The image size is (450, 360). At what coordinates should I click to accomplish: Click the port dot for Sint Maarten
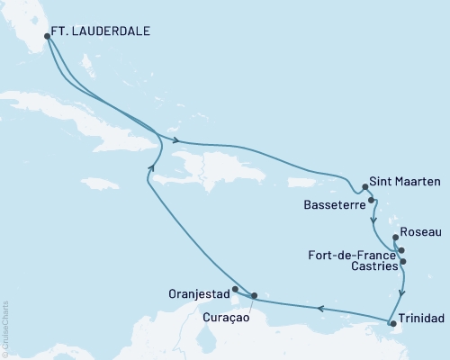coord(365,188)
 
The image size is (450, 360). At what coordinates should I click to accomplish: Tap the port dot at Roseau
coord(396,238)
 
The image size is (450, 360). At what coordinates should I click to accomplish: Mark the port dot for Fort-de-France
coord(401,250)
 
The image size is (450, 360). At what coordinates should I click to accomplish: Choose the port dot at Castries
coord(403,262)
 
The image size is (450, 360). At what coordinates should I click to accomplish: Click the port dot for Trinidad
coord(391,322)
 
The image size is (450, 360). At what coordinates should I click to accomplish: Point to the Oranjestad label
coord(199,293)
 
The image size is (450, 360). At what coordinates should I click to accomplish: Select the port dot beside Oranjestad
coord(235,290)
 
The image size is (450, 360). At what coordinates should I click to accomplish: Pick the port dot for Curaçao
coord(255,295)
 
